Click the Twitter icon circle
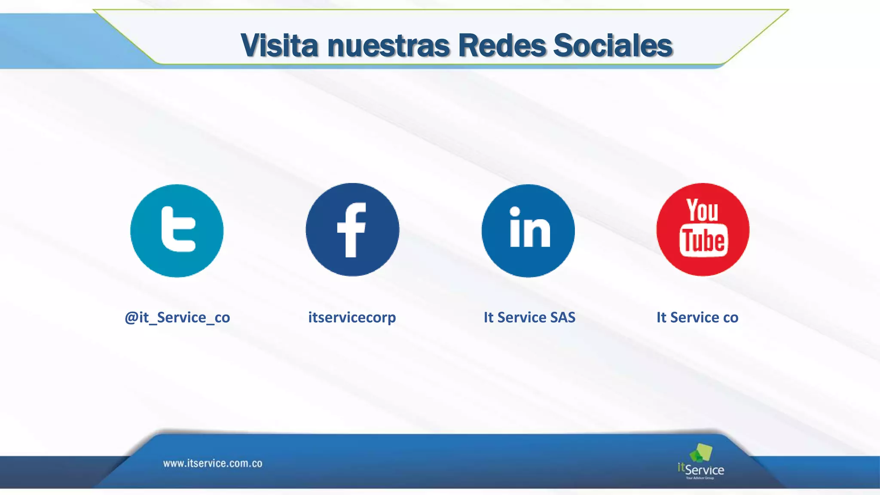177,231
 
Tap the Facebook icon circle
352,230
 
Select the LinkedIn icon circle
528,231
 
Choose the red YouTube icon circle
703,230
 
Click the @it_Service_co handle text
177,318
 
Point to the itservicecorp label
352,318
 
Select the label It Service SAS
529,318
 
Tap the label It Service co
697,318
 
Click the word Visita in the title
279,46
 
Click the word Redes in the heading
502,46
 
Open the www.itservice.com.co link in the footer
213,464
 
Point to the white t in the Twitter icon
177,229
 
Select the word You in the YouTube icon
702,210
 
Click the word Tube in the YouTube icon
703,240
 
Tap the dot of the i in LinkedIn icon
515,211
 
